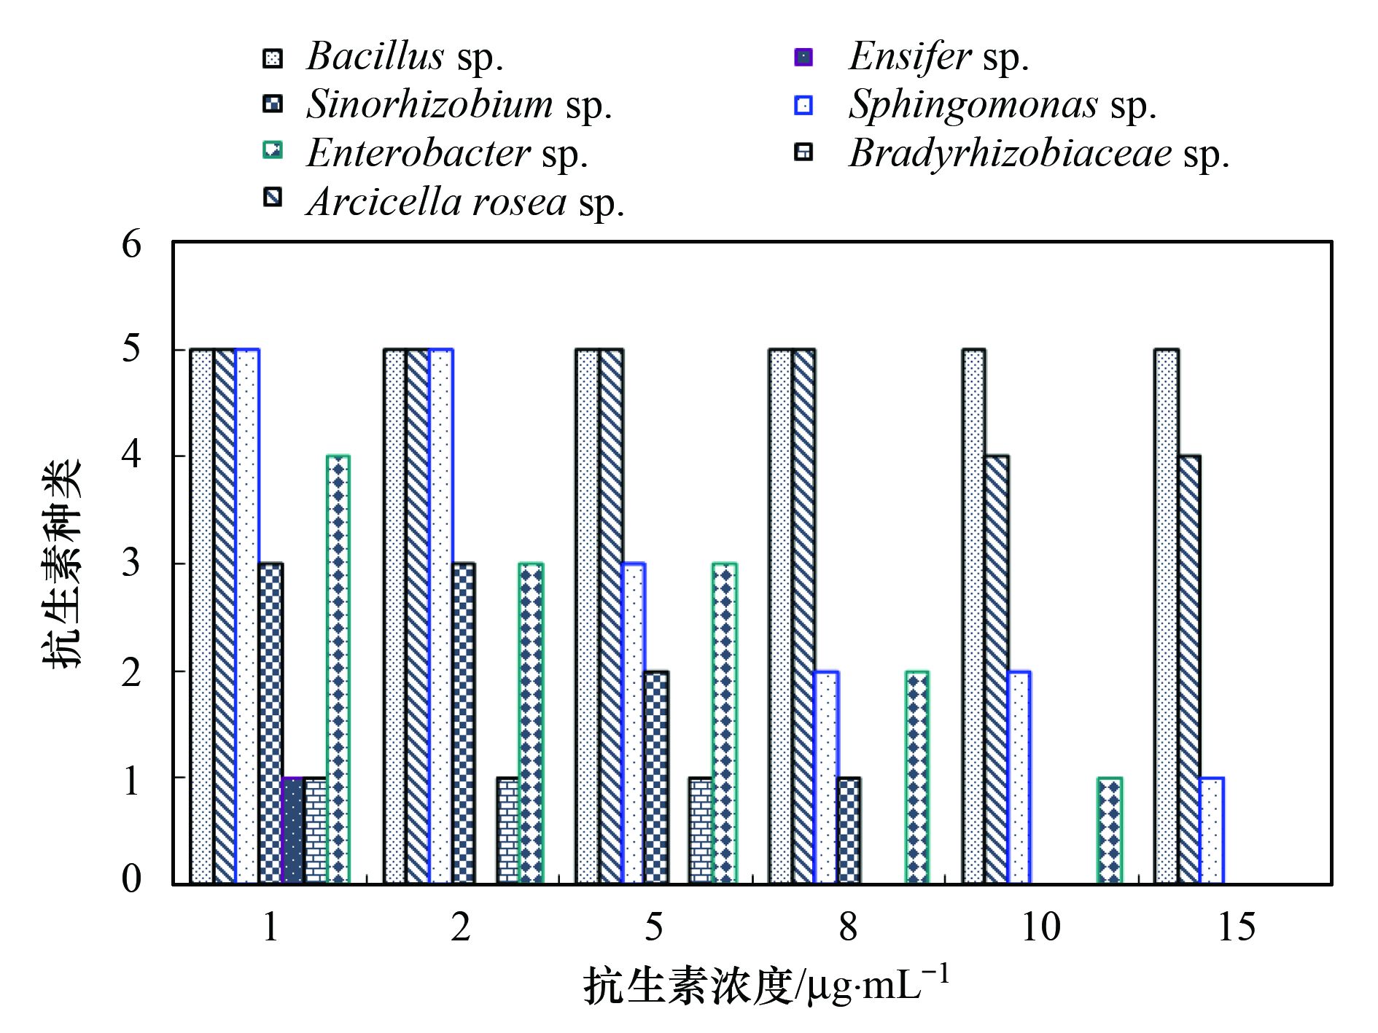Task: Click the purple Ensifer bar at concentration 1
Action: click(292, 830)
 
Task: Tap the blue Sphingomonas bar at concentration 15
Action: click(1211, 830)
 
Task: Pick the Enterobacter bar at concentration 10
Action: click(1110, 830)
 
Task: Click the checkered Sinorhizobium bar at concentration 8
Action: click(849, 830)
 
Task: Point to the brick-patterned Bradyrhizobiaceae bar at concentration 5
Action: click(701, 830)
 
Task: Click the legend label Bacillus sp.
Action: click(405, 57)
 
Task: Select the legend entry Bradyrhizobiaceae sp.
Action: click(1039, 154)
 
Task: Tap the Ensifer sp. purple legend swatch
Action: click(803, 57)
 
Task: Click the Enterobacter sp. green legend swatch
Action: click(273, 151)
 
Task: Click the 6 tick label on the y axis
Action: click(131, 244)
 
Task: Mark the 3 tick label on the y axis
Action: click(131, 563)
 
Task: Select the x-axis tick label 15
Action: click(1237, 927)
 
